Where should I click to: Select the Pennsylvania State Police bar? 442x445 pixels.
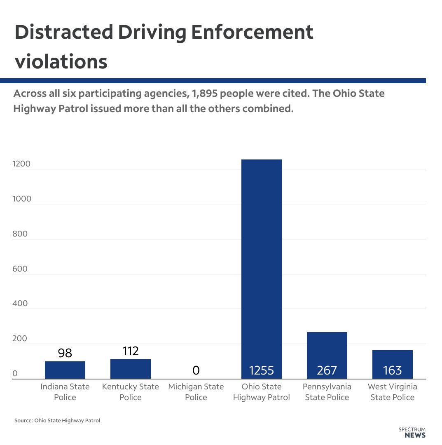point(327,350)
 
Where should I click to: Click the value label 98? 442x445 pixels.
point(65,353)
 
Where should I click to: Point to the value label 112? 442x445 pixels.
point(131,351)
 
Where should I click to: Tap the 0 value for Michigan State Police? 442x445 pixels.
point(196,370)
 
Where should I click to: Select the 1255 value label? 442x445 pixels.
point(261,370)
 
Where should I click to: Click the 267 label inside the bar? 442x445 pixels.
point(327,370)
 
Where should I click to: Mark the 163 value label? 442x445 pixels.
point(392,370)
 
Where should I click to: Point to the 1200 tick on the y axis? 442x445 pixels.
point(21,164)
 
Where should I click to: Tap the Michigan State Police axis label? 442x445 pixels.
point(196,392)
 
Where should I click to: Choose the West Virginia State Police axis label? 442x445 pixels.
point(392,392)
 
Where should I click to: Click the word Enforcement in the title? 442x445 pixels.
point(252,33)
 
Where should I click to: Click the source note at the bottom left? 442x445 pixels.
point(57,421)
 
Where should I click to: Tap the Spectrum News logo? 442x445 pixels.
point(412,432)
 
